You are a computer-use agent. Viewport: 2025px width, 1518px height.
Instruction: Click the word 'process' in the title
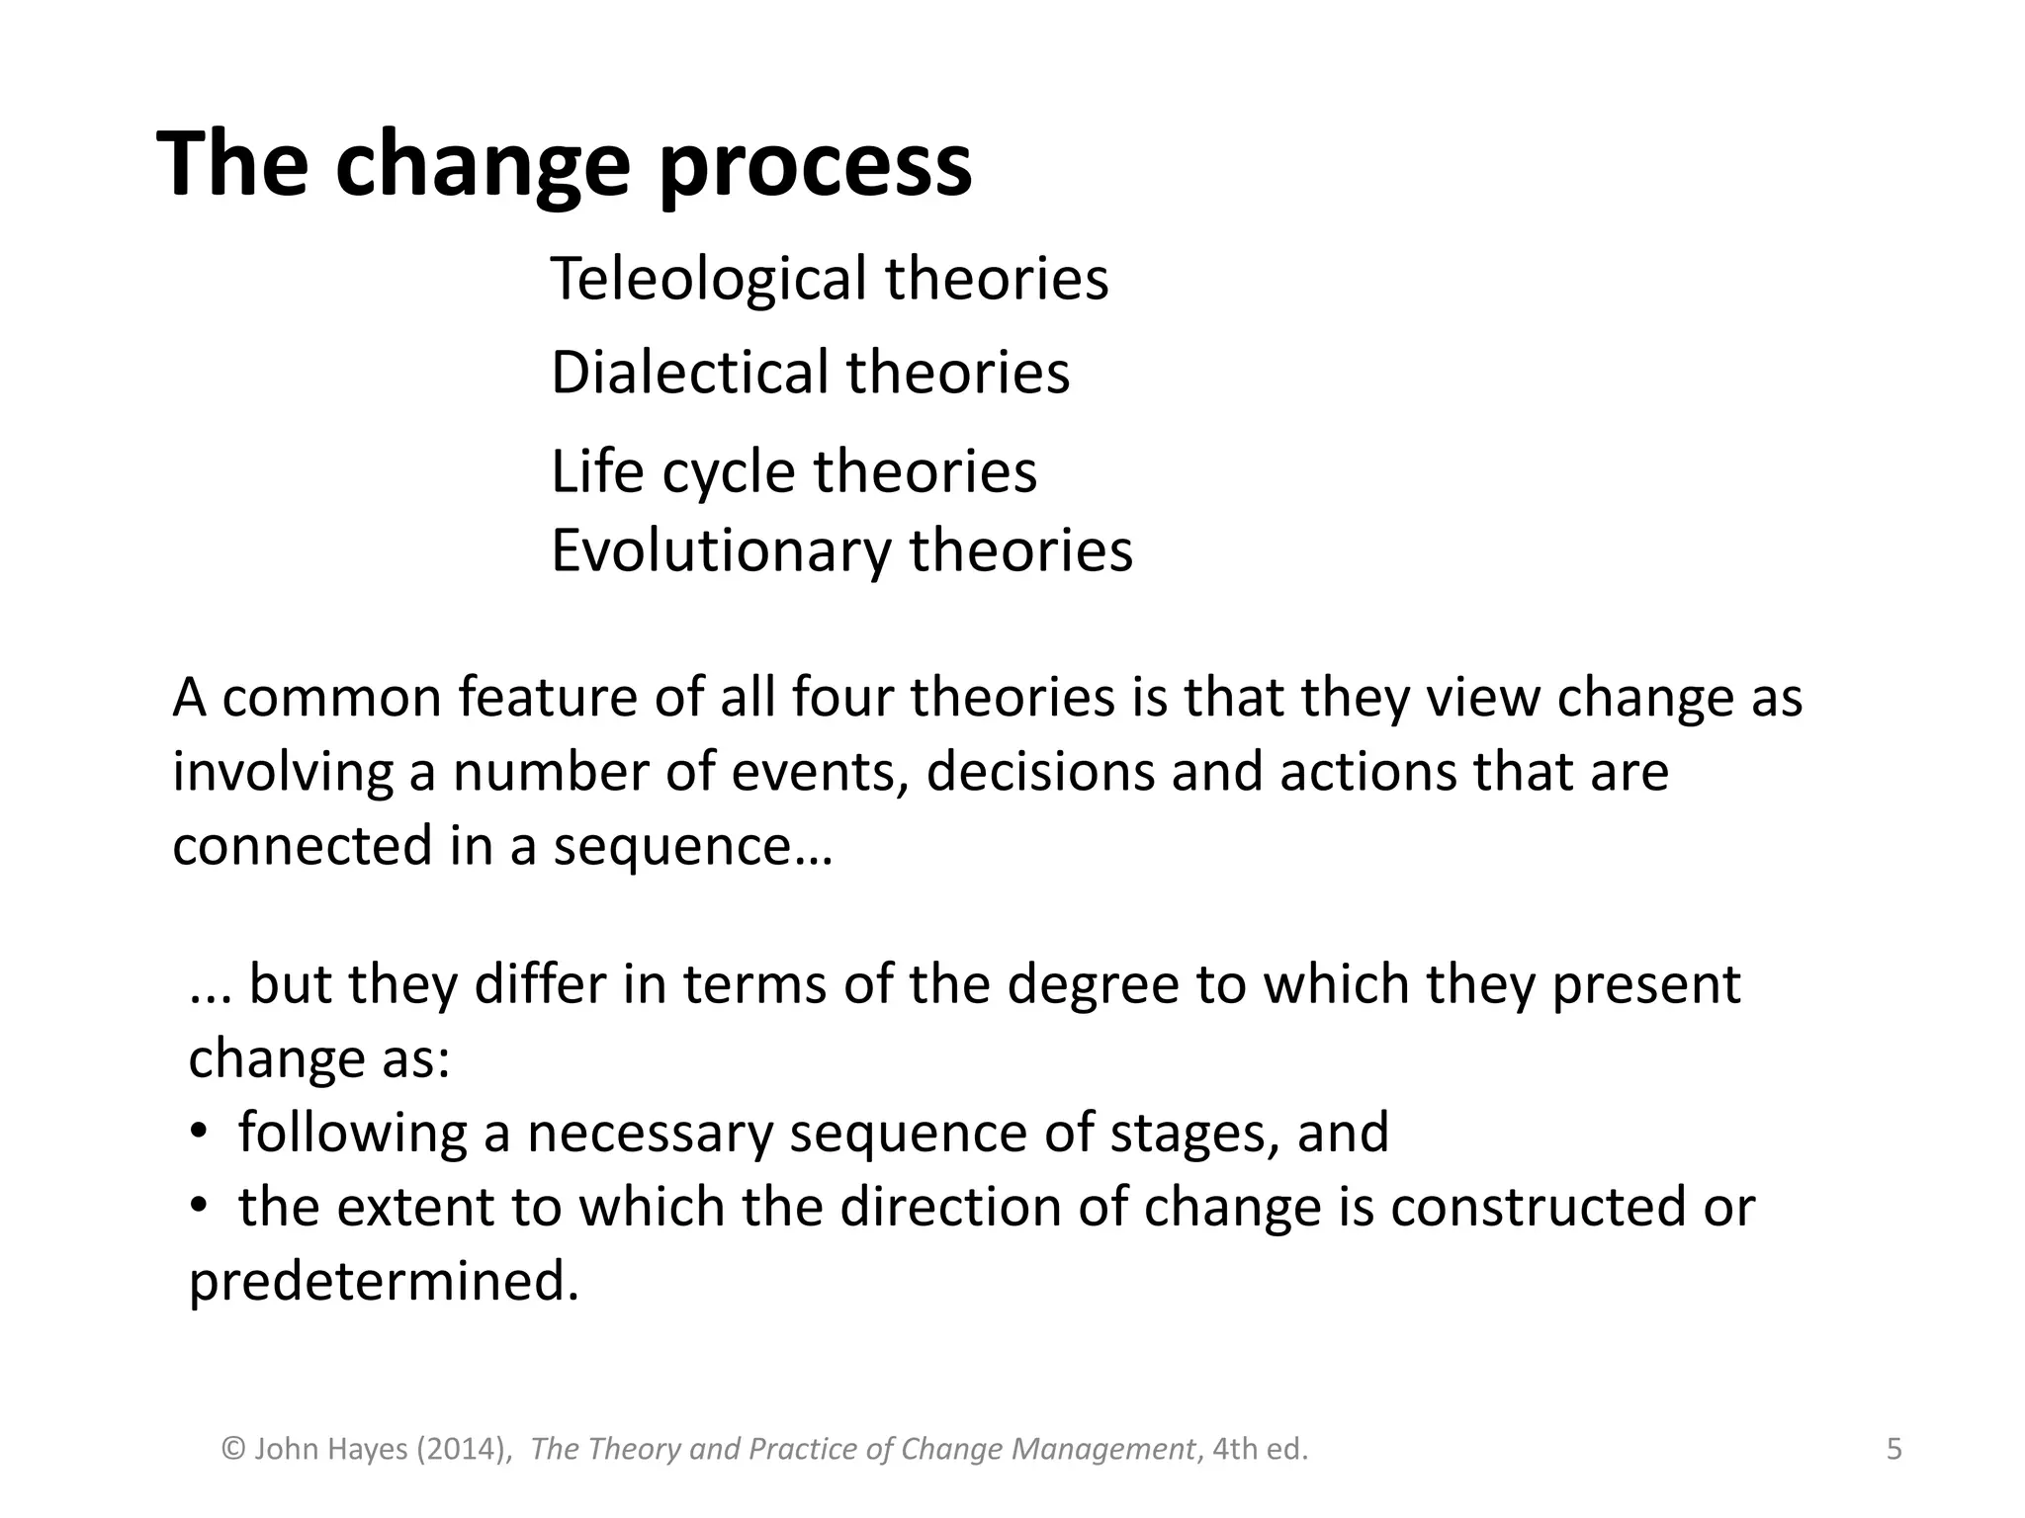(x=815, y=168)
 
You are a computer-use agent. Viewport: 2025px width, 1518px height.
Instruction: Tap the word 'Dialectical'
(x=688, y=374)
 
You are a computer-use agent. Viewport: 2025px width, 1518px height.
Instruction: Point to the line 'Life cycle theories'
(x=793, y=471)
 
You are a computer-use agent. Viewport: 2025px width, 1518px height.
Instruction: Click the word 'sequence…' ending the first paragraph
(x=692, y=847)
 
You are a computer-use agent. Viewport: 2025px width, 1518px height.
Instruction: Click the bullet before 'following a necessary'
(x=199, y=1134)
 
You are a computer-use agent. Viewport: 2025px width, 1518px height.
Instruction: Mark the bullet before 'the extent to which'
(x=199, y=1208)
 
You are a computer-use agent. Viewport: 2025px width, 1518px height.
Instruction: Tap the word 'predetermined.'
(x=384, y=1282)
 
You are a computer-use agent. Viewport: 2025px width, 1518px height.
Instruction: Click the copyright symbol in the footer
(x=233, y=1450)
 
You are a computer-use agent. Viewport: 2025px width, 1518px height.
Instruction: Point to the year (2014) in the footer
(x=464, y=1450)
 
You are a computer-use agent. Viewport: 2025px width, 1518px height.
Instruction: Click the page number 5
(x=1893, y=1450)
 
